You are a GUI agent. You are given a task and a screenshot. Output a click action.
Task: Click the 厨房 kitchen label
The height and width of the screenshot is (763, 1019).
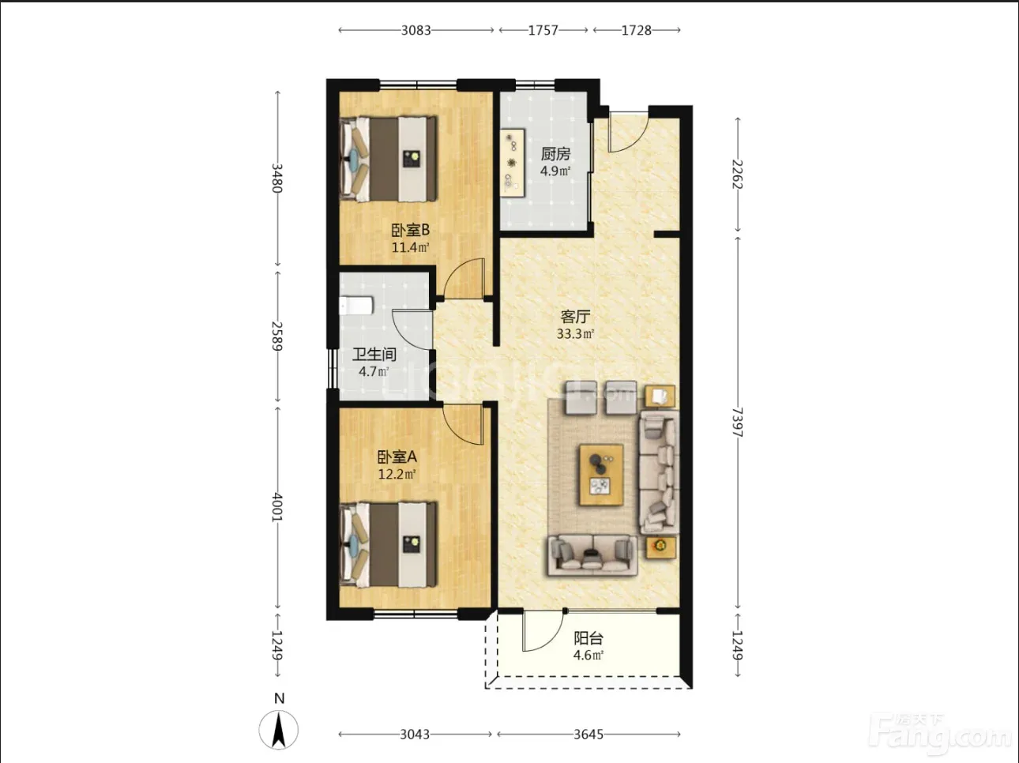coord(555,153)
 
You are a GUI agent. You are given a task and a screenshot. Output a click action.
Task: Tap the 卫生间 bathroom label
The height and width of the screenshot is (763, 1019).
coord(374,355)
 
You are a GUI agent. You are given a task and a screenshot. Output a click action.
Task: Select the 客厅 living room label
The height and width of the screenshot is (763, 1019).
coord(575,317)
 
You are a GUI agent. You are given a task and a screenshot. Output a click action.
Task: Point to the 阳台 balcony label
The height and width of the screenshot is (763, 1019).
coord(588,639)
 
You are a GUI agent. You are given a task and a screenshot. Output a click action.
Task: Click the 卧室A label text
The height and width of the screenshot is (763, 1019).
coord(397,457)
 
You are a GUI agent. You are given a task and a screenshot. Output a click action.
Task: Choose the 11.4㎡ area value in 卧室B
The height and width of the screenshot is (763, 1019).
coord(411,247)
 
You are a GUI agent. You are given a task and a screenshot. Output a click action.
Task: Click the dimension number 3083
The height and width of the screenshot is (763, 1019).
coord(416,30)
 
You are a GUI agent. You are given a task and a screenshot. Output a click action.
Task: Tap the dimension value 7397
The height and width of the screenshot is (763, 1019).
coord(737,422)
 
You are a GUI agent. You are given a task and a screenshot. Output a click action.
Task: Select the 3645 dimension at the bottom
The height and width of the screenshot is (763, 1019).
coord(588,735)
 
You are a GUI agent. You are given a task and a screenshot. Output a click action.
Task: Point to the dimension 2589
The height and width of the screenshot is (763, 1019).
coord(277,336)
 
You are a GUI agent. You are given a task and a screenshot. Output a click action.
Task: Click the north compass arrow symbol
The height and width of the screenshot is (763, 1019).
coord(279,730)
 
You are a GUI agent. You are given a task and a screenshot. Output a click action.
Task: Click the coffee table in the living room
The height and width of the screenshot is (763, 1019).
coord(601,475)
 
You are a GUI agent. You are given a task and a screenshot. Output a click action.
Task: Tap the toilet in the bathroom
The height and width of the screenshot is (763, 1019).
coord(356,306)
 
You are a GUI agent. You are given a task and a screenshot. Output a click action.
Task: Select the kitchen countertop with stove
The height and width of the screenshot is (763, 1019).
coord(513,163)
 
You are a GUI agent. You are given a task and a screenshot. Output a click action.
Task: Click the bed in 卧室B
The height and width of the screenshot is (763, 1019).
coord(389,159)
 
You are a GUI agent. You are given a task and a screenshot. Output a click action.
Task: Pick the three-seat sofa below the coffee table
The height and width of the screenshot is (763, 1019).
coord(592,555)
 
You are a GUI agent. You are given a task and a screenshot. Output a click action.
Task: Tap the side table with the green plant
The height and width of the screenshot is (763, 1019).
coord(660,547)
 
